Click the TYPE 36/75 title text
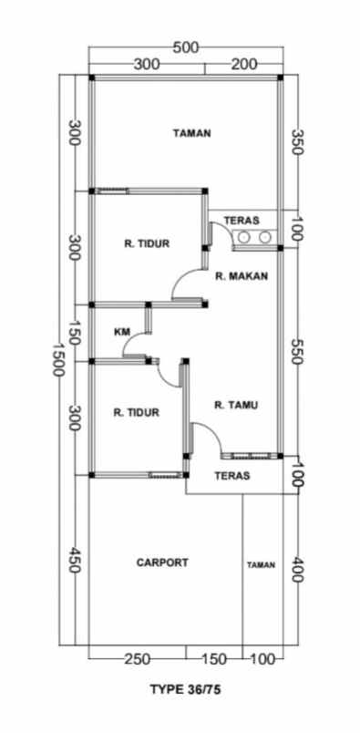(185, 691)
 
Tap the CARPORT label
(162, 563)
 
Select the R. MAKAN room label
(242, 276)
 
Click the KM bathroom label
(121, 331)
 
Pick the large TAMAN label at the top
(192, 133)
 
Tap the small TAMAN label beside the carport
(261, 565)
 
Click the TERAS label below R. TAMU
(232, 476)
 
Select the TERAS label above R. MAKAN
(242, 220)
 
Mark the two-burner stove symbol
(255, 238)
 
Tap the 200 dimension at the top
(243, 65)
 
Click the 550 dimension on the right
(295, 353)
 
